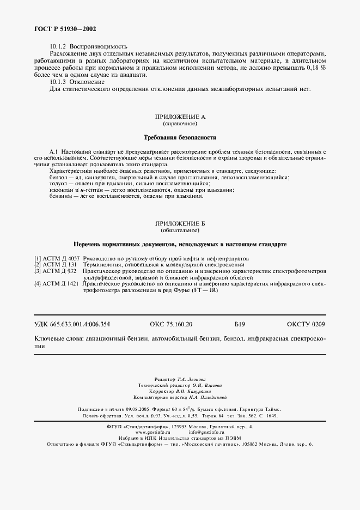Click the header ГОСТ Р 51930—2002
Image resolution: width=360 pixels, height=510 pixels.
pyautogui.click(x=60, y=28)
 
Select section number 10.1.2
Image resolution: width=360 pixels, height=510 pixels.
pyautogui.click(x=58, y=46)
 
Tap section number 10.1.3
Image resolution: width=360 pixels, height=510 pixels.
pyautogui.click(x=58, y=82)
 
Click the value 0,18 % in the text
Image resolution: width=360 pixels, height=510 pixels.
pyautogui.click(x=316, y=68)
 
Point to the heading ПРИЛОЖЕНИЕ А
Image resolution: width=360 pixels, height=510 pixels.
pyautogui.click(x=180, y=117)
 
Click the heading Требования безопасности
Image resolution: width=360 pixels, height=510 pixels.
pyautogui.click(x=180, y=137)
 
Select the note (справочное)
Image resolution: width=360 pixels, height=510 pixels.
pyautogui.click(x=180, y=124)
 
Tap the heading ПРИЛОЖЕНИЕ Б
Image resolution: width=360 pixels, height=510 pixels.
pyautogui.click(x=180, y=224)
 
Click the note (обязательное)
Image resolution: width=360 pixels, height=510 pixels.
pyautogui.click(x=180, y=231)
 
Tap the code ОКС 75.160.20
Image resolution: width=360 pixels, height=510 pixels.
pyautogui.click(x=170, y=324)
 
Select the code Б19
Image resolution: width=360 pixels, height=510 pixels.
pyautogui.click(x=240, y=324)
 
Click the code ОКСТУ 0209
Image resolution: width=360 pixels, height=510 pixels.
pyautogui.click(x=306, y=324)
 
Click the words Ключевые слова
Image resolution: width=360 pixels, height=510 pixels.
pyautogui.click(x=57, y=339)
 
